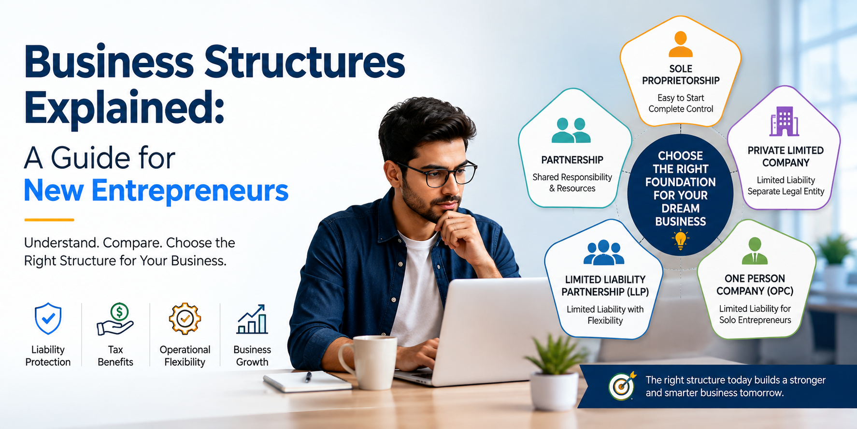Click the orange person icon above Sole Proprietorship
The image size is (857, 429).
click(x=680, y=44)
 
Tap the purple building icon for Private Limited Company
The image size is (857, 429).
click(x=784, y=121)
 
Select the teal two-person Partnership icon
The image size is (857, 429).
click(x=571, y=130)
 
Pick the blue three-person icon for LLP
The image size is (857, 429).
click(x=603, y=252)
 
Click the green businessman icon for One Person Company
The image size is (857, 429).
click(x=755, y=251)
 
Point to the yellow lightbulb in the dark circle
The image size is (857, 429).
click(x=680, y=240)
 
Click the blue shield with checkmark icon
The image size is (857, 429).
click(x=48, y=319)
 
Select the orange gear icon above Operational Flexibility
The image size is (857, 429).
click(x=185, y=319)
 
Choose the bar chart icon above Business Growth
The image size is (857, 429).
click(x=252, y=319)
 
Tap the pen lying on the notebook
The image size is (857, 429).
click(x=308, y=376)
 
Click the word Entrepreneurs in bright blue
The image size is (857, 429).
click(x=190, y=191)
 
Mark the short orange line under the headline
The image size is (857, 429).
click(x=49, y=220)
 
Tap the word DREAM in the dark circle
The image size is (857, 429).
click(x=680, y=208)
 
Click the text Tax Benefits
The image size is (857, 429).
click(x=115, y=355)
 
